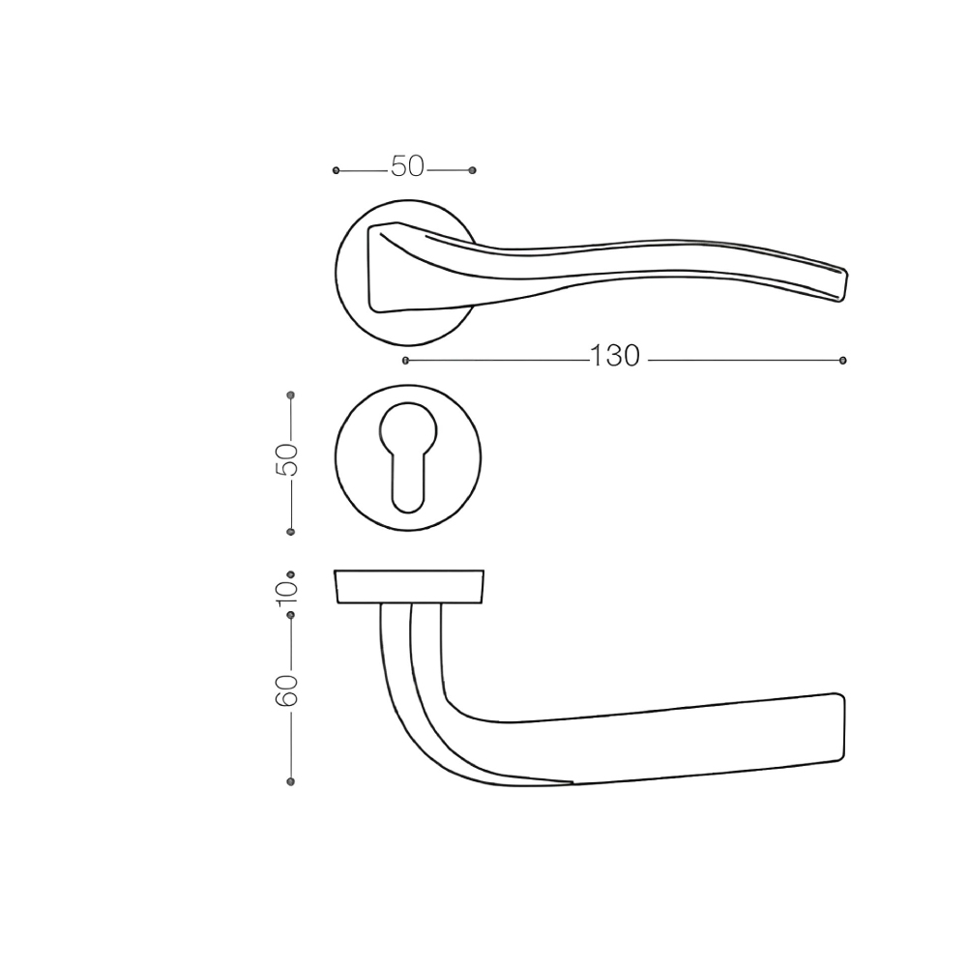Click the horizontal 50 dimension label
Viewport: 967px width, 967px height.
click(x=408, y=166)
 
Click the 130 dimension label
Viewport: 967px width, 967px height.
click(x=615, y=357)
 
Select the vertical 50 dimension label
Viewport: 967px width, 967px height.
click(x=286, y=460)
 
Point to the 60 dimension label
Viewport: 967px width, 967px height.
click(x=286, y=690)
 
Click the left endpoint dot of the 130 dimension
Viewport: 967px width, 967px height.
click(x=405, y=361)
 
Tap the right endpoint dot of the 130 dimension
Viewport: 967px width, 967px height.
click(x=843, y=361)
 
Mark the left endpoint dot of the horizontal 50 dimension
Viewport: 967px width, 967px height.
click(x=337, y=170)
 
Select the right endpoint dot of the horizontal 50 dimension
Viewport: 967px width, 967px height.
click(x=473, y=170)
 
